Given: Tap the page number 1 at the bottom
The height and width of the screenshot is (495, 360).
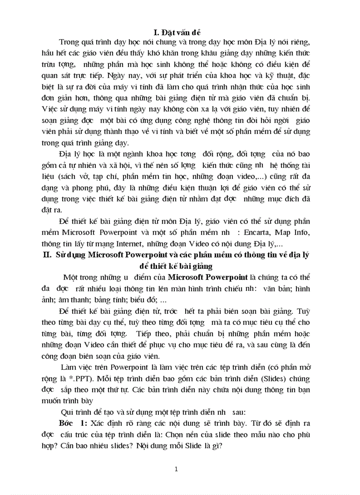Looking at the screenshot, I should [176, 469].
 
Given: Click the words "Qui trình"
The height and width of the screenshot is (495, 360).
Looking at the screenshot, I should [78, 412].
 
